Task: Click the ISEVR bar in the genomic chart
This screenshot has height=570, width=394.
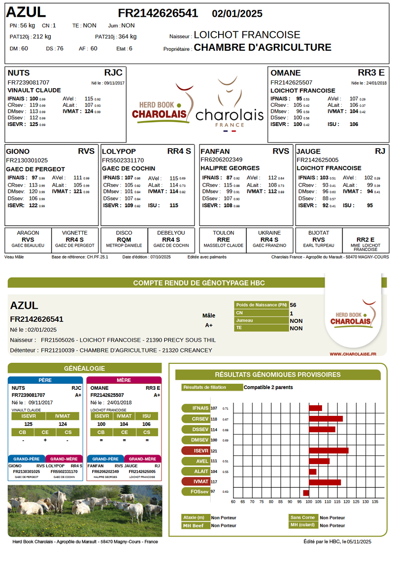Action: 328,450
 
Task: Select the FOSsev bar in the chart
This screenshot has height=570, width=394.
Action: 306,493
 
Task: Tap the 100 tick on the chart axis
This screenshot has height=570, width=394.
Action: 308,502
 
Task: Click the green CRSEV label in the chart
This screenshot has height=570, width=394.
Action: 196,419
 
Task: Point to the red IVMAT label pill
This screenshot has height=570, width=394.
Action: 196,481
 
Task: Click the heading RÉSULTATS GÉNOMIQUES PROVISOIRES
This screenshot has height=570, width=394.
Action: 277,375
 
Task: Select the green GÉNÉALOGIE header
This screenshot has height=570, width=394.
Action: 85,368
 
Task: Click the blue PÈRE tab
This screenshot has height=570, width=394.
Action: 45,380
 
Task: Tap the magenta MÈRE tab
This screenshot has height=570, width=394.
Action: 124,380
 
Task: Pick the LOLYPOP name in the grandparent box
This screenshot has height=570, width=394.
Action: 119,151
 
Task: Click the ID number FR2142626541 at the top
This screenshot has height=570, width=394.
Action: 158,13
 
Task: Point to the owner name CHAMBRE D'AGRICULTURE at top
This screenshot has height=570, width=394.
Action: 263,48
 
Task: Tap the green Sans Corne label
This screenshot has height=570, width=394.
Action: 303,517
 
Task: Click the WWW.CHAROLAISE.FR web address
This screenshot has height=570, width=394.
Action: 353,353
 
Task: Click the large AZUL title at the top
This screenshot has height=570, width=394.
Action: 26,12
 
